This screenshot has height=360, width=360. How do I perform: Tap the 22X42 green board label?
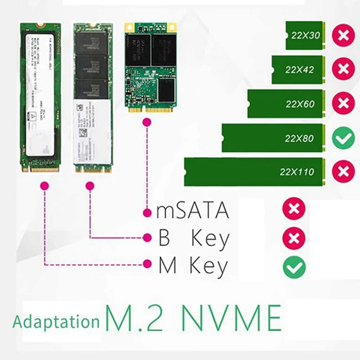[x=300, y=70]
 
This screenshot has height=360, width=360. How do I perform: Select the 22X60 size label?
[x=300, y=104]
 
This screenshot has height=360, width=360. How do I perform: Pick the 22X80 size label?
[x=299, y=138]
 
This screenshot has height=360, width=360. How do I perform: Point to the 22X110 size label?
[x=297, y=172]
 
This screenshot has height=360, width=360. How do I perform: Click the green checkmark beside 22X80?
[x=343, y=138]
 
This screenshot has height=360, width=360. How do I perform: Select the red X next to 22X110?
[x=343, y=171]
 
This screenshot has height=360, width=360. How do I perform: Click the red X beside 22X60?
[x=343, y=104]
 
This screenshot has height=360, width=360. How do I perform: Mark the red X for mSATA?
[x=294, y=209]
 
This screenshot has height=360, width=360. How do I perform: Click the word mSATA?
[x=193, y=211]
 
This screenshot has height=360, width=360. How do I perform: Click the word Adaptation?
[x=56, y=322]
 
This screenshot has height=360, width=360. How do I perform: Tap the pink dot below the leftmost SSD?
[x=44, y=185]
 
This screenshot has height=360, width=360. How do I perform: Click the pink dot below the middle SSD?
[x=90, y=185]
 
